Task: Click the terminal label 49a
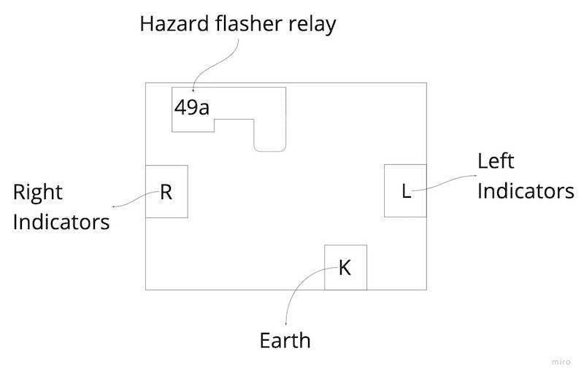[192, 109]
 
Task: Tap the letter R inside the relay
[166, 192]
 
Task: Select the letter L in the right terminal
[407, 192]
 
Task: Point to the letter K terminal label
[345, 269]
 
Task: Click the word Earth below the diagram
[285, 341]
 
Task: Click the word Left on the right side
[496, 161]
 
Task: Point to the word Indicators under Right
[61, 221]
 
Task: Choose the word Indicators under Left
[526, 191]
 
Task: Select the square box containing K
[345, 281]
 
